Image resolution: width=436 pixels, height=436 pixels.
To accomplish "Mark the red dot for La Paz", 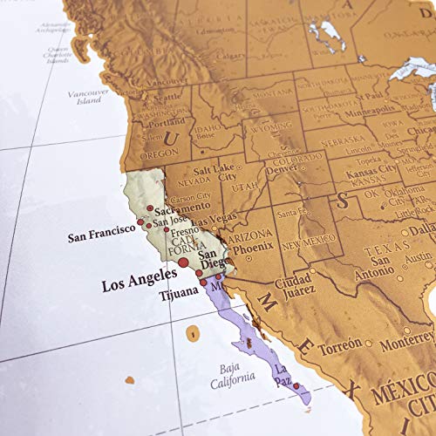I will tap(296, 386).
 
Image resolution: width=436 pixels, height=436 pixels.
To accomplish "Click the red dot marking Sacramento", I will tap(151, 208).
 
